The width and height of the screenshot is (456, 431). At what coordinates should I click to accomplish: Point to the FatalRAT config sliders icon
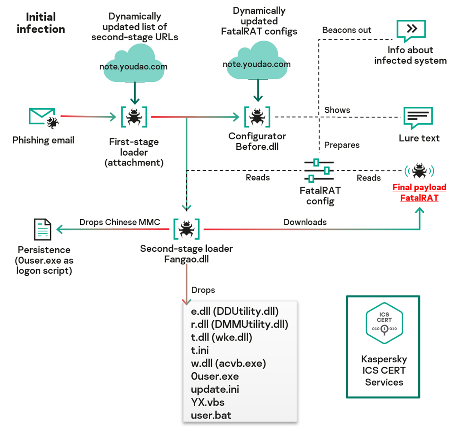tap(319, 170)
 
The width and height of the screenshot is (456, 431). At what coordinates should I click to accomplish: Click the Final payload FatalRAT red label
tap(419, 193)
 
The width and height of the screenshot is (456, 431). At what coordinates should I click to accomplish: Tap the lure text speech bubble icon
tap(418, 118)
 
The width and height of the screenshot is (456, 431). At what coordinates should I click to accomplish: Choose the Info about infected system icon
tap(411, 31)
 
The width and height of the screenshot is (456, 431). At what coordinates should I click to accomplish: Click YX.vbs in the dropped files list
tap(208, 402)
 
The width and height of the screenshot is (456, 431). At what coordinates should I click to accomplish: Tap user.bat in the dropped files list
tap(211, 415)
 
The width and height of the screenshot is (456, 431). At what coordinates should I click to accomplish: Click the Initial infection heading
tap(41, 23)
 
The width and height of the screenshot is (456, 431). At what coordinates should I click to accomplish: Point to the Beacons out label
tap(347, 30)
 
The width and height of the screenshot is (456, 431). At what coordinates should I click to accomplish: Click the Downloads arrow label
tap(305, 222)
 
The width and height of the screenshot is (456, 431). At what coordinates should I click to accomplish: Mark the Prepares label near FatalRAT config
tap(342, 145)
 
